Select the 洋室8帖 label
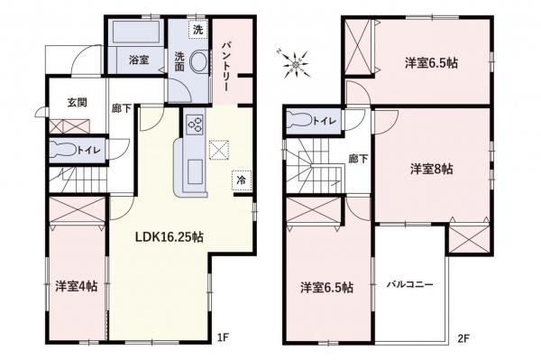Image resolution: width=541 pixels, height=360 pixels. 432,169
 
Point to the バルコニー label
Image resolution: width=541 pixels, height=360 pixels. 410,283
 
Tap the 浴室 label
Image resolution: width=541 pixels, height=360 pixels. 139,60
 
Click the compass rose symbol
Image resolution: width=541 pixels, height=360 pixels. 295,62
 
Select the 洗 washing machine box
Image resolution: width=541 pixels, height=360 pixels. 197,29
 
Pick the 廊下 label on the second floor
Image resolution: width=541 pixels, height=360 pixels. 357,159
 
